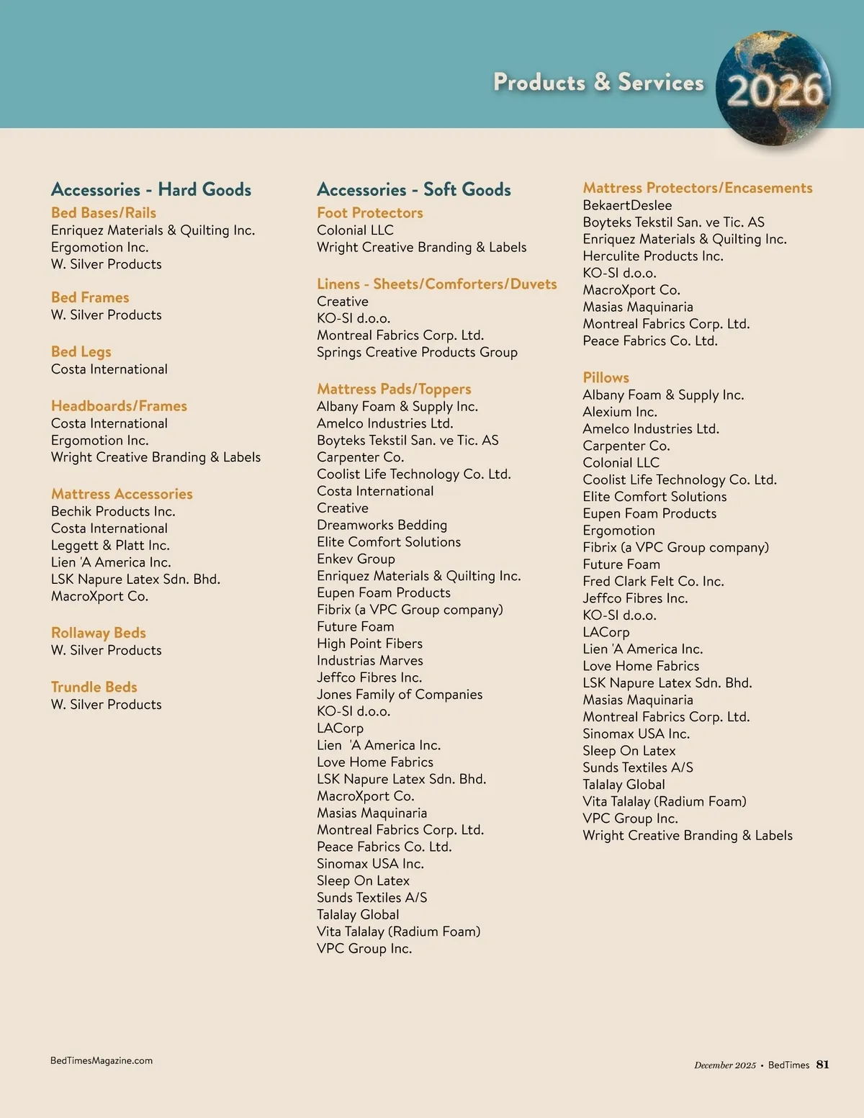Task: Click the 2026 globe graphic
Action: pos(775,88)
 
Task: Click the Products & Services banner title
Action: pos(598,82)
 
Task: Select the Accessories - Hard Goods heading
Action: pos(151,189)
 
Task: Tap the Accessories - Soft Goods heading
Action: pos(414,189)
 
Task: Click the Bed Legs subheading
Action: pos(81,351)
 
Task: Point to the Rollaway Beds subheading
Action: pos(99,633)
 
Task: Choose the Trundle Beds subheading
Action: pos(94,687)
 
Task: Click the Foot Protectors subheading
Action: pos(370,212)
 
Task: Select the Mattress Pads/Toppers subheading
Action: pos(394,389)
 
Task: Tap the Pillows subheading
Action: pos(606,377)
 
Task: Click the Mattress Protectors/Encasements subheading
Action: pos(698,188)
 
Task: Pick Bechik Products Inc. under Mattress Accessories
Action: pos(113,511)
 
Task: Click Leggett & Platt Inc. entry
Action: pos(110,545)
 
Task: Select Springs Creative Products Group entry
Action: pos(417,352)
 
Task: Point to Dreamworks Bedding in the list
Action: pos(382,525)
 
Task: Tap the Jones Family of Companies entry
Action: pos(400,694)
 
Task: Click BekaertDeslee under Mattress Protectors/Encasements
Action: pos(627,205)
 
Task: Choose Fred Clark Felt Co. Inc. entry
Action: pos(653,581)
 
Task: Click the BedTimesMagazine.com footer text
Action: pos(102,1060)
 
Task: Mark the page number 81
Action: pos(823,1065)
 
